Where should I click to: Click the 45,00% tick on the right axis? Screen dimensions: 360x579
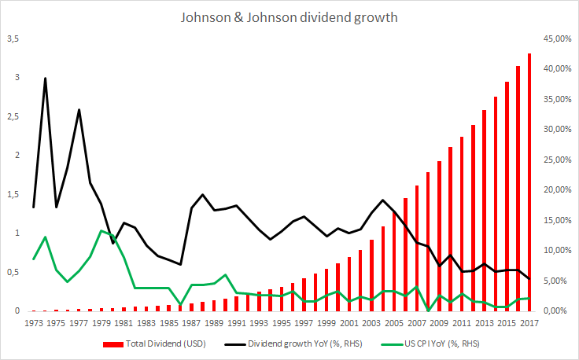pyautogui.click(x=555, y=39)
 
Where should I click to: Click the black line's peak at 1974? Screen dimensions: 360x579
pyautogui.click(x=45, y=79)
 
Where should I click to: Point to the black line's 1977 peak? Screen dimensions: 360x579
pyautogui.click(x=79, y=109)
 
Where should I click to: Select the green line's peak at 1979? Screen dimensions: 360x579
pyautogui.click(x=101, y=230)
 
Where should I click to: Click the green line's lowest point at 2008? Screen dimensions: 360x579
pyautogui.click(x=428, y=310)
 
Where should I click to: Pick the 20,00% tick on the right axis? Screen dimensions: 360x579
pyautogui.click(x=555, y=190)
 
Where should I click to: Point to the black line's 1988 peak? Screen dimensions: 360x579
pyautogui.click(x=203, y=194)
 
